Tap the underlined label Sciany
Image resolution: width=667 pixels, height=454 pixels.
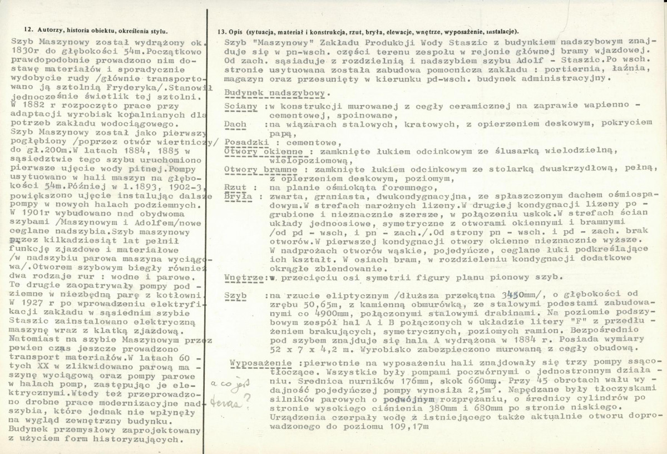241,106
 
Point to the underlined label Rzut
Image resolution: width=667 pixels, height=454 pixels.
235,187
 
